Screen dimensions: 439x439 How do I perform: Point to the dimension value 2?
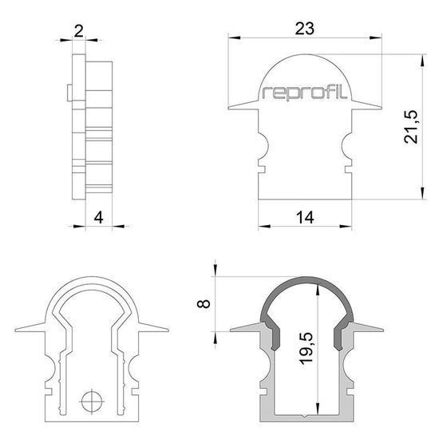pyautogui.click(x=78, y=30)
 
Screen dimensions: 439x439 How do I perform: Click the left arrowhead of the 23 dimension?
pyautogui.click(x=231, y=38)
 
